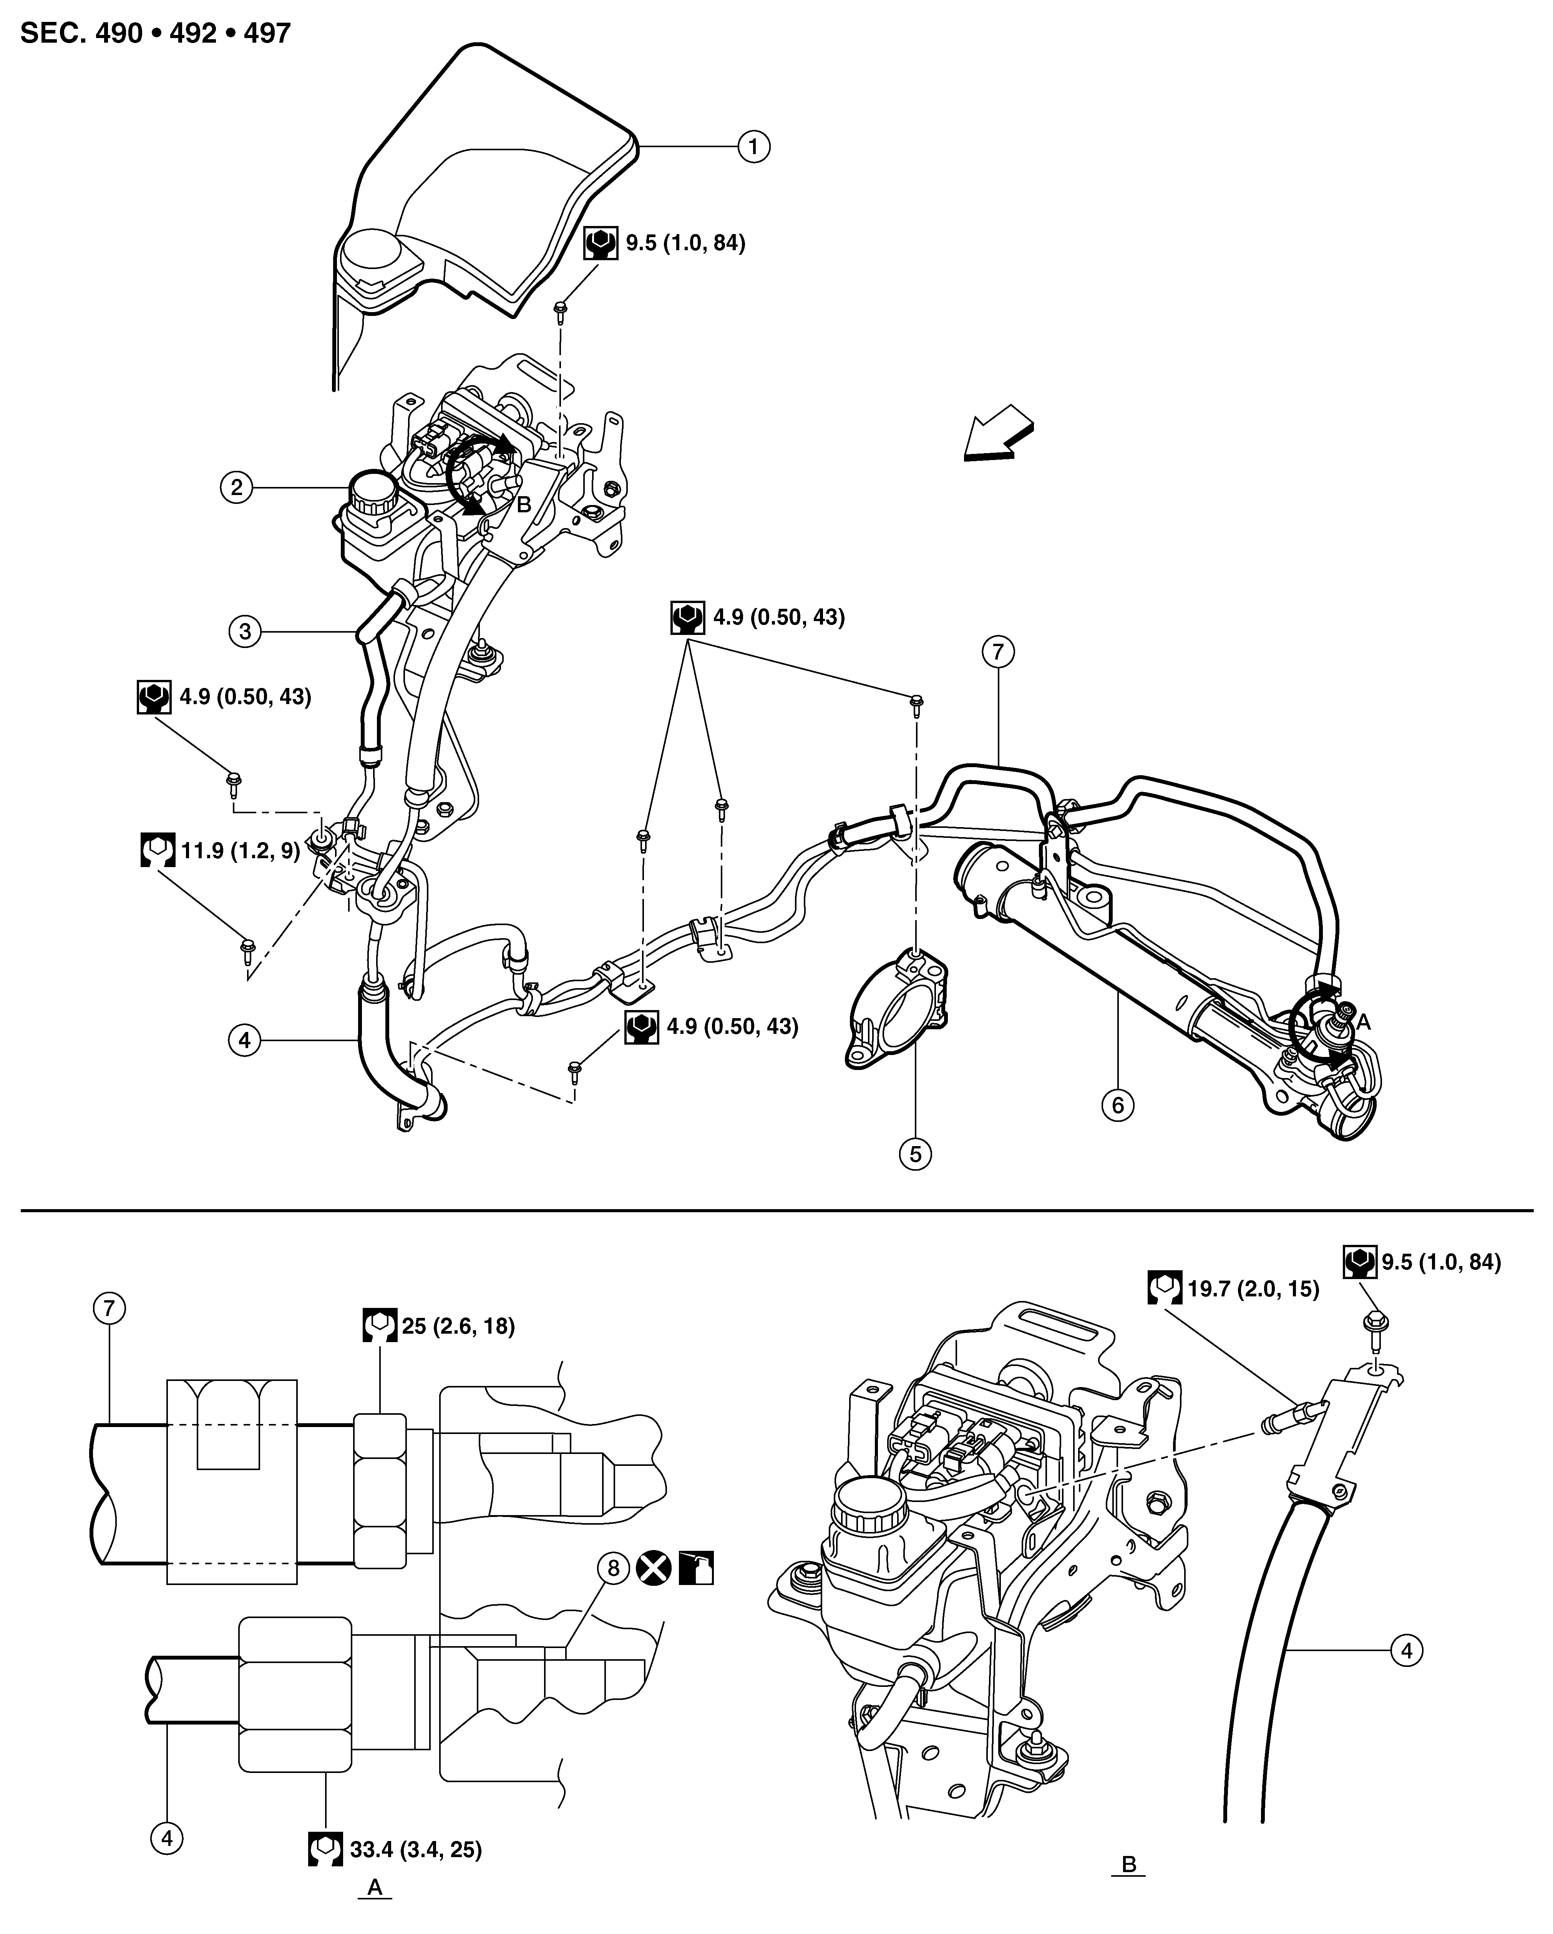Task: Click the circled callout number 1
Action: [x=753, y=145]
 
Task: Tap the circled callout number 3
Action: [x=245, y=631]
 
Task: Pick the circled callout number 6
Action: [x=1117, y=1105]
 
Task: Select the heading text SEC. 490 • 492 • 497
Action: [x=155, y=33]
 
